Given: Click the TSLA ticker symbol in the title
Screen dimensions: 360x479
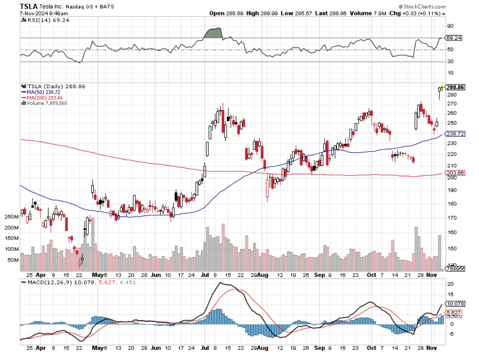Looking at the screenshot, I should click(28, 6).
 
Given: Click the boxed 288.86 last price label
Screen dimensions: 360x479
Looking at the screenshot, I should click(455, 87).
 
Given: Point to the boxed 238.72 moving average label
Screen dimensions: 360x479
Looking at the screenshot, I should click(455, 134).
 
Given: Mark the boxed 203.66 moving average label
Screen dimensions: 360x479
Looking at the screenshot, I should click(455, 173).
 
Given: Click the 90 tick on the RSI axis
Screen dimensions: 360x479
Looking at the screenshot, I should click(450, 26).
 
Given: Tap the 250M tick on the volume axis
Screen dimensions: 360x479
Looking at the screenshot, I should click(12, 217).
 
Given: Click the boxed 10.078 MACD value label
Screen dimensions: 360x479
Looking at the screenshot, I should click(455, 304).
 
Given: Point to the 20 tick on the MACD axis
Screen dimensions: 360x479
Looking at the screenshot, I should click(451, 284).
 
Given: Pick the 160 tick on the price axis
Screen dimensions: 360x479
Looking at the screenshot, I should click(452, 232).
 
